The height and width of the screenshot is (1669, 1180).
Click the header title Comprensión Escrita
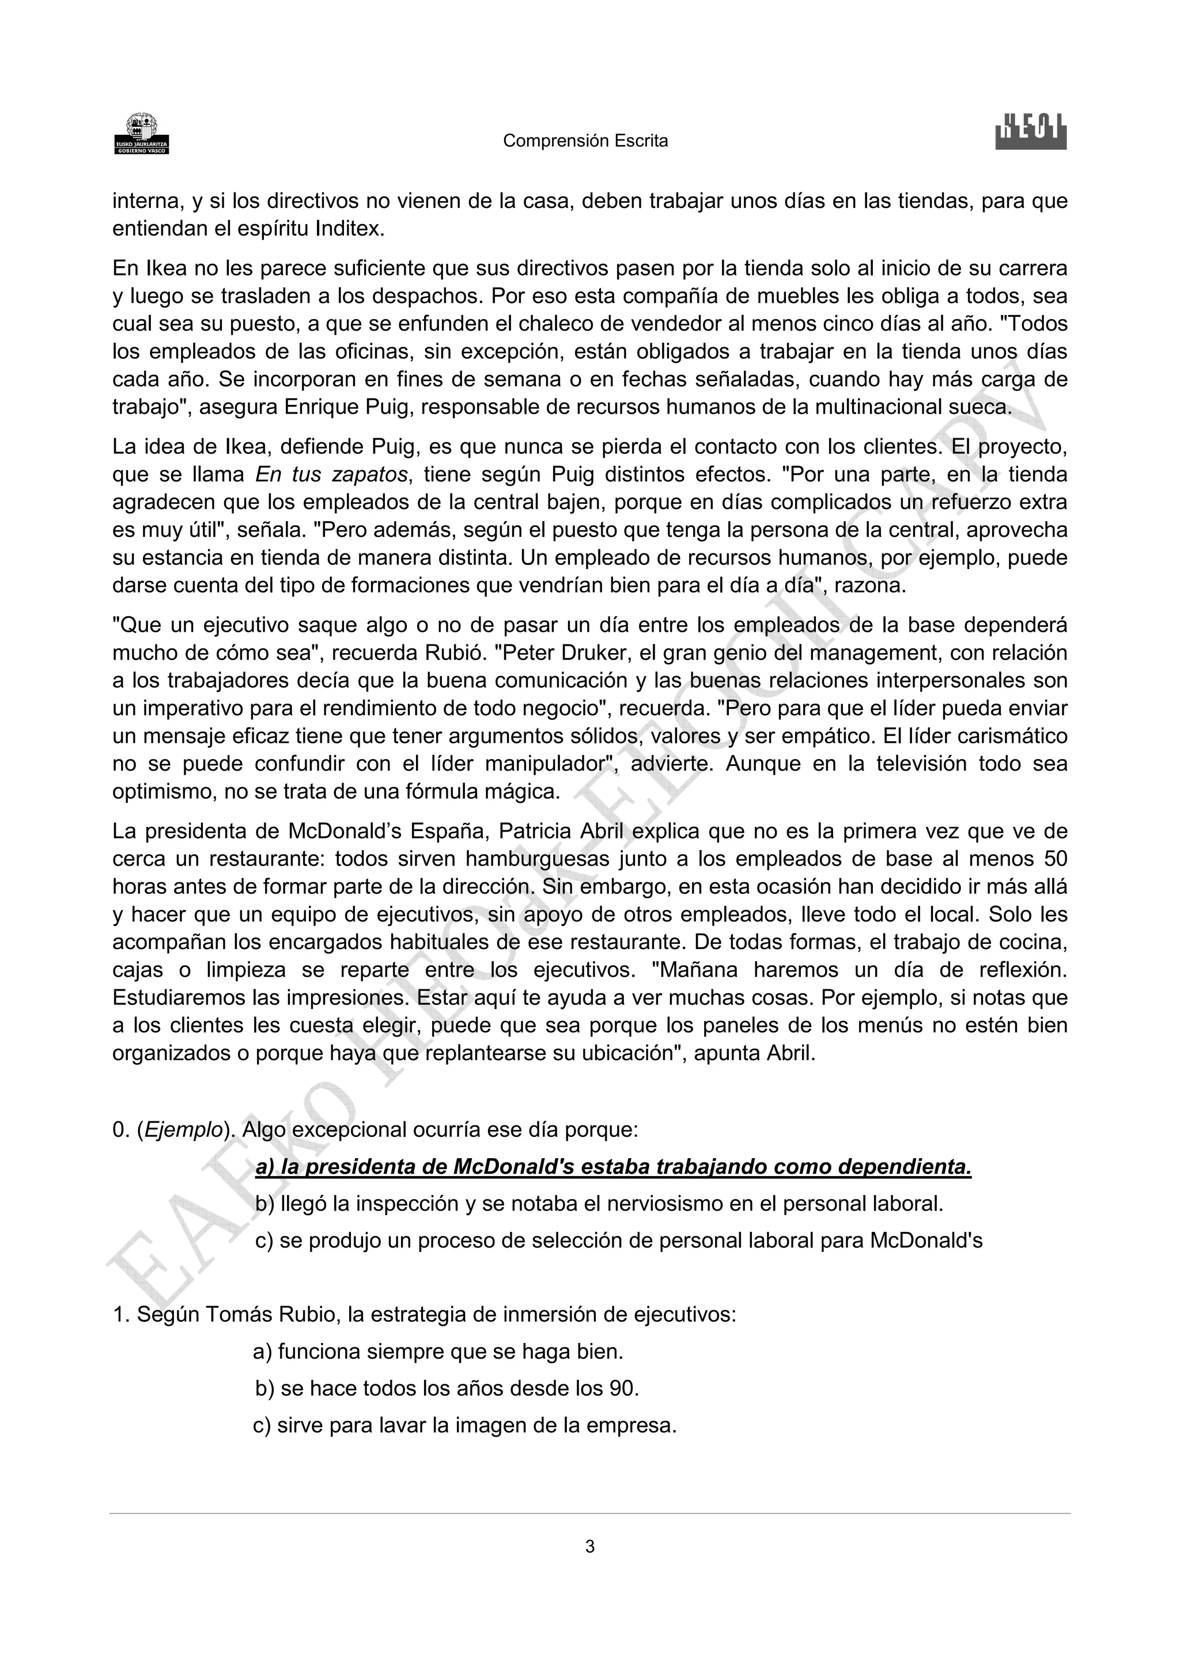click(585, 141)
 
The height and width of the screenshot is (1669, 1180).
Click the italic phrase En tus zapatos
click(331, 475)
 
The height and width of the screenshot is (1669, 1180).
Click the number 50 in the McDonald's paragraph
click(1055, 859)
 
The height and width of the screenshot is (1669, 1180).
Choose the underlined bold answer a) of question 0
click(613, 1167)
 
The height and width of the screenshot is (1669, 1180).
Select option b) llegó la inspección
click(599, 1204)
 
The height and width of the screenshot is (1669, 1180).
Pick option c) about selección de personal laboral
click(618, 1240)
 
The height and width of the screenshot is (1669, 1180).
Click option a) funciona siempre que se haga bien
click(438, 1352)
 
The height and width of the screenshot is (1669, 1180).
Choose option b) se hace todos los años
click(447, 1389)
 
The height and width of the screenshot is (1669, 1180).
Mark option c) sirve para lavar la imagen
click(464, 1425)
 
